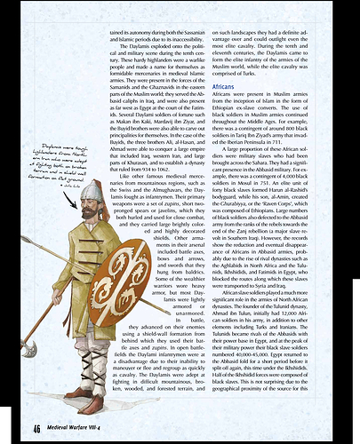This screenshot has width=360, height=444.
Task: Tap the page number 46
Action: click(36, 430)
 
